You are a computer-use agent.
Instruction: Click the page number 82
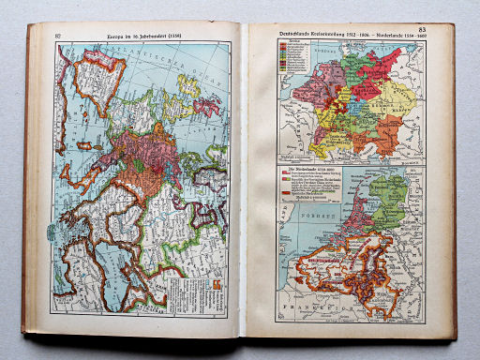58,36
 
